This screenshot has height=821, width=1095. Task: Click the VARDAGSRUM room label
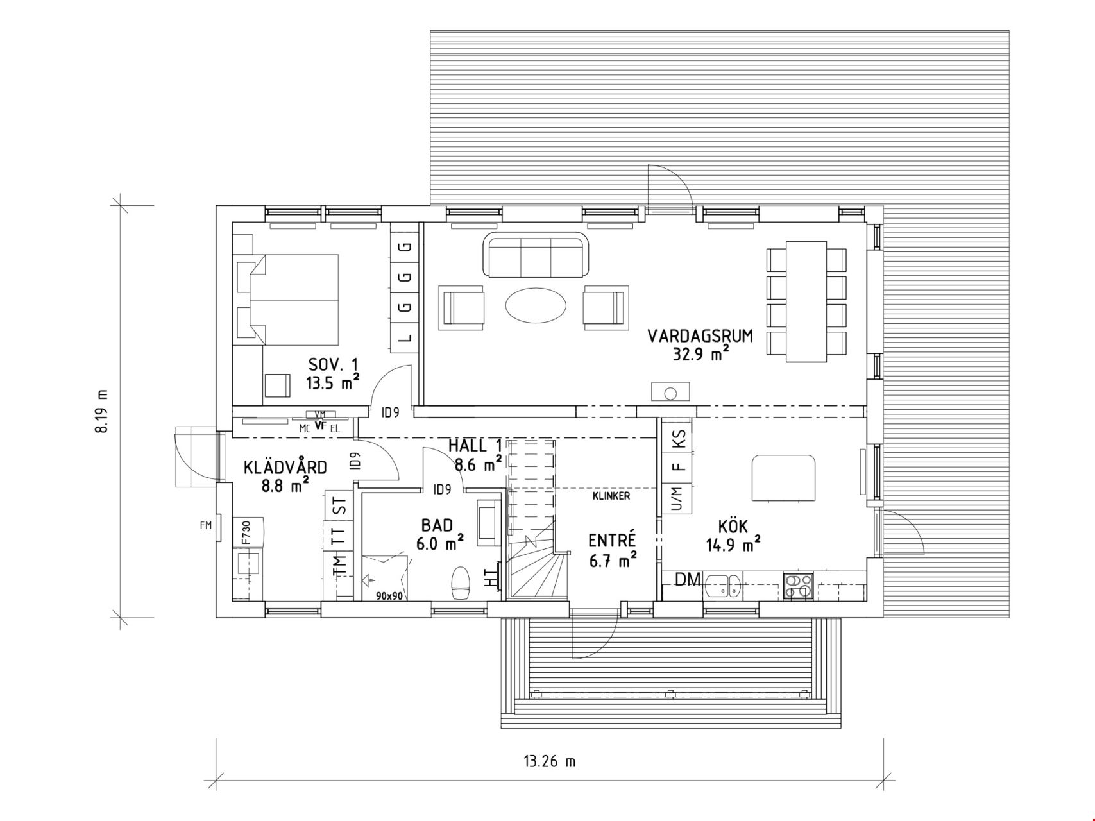coord(700,336)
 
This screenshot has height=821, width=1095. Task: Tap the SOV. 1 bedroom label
coord(334,365)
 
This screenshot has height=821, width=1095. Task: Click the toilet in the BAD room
coord(461,582)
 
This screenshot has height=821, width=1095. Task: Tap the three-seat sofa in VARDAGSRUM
coord(536,255)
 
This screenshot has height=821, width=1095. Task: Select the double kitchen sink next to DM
coord(723,586)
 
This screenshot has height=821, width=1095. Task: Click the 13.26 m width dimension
coord(550,761)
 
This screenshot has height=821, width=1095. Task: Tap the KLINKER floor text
coord(611,496)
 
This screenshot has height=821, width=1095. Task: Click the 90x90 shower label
coord(389,596)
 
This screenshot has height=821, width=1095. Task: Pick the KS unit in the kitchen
coord(679,439)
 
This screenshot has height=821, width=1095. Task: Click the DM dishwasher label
coord(688,579)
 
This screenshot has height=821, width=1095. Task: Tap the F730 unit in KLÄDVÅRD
coord(246,532)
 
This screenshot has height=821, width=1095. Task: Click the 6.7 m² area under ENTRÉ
coord(613,560)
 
